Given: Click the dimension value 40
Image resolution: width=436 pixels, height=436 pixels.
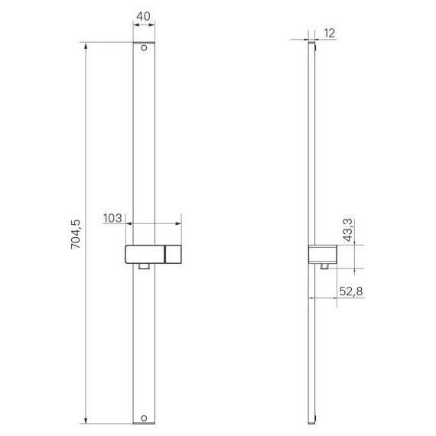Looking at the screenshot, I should point(144,15).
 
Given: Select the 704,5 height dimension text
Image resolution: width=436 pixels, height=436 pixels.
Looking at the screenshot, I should point(75,233).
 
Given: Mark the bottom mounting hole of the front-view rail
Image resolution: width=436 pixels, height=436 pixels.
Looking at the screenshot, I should point(143,417).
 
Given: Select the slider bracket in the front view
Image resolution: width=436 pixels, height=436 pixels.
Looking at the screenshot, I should point(152,254).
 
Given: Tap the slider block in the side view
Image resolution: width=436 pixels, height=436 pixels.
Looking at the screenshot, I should point(322,254).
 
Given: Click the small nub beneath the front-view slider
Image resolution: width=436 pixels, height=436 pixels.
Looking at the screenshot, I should point(143,267).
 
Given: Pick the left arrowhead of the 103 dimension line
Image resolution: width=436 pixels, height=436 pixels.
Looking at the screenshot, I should point(126,225).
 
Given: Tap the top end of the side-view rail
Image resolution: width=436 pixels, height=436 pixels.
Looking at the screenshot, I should point(312,44).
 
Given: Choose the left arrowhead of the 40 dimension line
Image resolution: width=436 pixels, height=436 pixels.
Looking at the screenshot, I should point(136,26).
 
